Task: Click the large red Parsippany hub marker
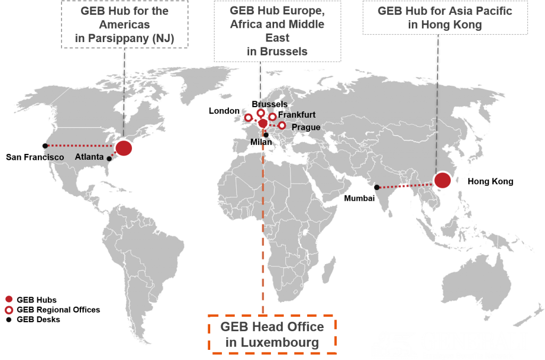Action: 123,149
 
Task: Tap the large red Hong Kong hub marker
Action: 442,181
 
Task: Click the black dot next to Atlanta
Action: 109,159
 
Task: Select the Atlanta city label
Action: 89,157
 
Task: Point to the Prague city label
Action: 306,127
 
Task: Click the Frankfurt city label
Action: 297,114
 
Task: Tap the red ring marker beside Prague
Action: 282,126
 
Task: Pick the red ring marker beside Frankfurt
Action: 272,117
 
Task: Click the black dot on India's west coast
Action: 376,187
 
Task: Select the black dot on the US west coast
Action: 46,146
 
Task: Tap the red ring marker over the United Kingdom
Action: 248,118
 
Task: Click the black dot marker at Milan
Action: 266,135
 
